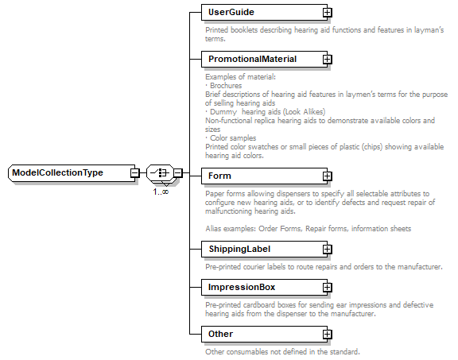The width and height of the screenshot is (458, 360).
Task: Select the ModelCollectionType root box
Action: click(69, 172)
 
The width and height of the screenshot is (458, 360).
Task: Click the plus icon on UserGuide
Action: click(327, 13)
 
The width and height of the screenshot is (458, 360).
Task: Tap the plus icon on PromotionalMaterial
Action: click(327, 60)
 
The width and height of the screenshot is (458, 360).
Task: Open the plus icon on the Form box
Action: click(327, 176)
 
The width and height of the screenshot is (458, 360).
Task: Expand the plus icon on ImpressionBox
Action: click(327, 288)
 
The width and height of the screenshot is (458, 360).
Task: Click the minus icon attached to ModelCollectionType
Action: click(136, 172)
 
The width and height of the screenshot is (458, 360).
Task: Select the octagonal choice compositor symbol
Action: click(161, 172)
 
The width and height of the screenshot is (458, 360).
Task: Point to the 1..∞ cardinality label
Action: click(161, 192)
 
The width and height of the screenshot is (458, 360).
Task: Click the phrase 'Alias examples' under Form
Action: click(230, 229)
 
